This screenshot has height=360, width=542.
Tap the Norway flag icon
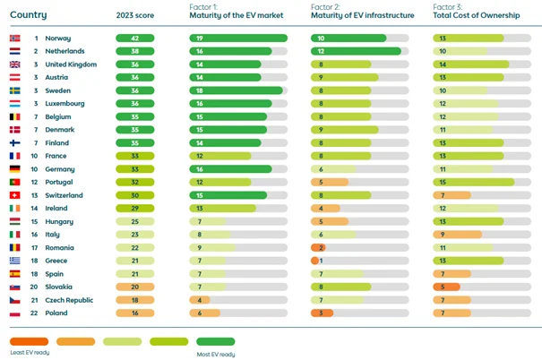point(14,39)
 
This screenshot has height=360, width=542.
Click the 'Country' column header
point(29,15)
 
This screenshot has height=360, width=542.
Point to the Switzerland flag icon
point(14,195)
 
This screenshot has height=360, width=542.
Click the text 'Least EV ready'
point(30,353)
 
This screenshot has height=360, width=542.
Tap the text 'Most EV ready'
point(217,353)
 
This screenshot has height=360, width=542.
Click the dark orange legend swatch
point(30,341)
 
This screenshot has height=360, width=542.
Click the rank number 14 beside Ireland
point(36,208)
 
